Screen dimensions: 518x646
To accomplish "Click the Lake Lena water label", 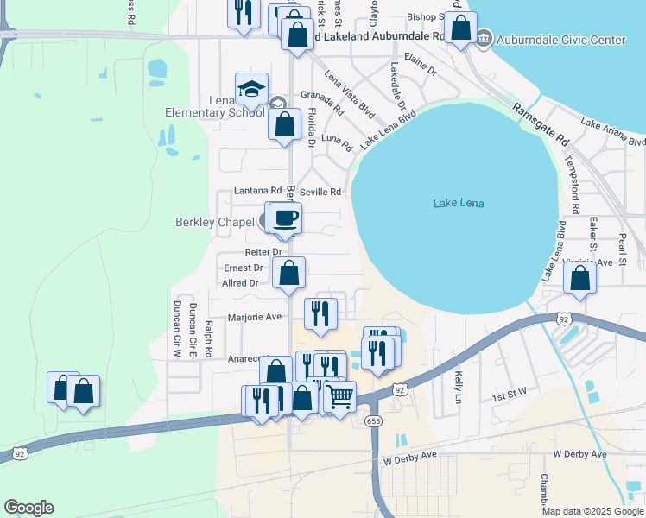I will click(459, 203).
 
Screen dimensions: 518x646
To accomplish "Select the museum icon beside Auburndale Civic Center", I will click(483, 39).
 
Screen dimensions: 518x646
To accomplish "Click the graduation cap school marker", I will click(251, 89).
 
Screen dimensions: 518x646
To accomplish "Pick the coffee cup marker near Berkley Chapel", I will click(286, 218).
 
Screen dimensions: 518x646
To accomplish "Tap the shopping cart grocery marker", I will click(340, 397).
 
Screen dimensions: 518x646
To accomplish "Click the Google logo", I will click(28, 508).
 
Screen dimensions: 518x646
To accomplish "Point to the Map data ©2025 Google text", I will click(592, 511).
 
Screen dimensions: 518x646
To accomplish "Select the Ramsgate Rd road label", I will click(541, 125).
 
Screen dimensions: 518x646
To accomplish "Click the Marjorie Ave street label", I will click(255, 317).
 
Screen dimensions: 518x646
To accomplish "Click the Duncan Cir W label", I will click(176, 329).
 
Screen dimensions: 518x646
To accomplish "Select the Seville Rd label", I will click(321, 192).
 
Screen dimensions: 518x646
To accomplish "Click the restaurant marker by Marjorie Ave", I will click(320, 315).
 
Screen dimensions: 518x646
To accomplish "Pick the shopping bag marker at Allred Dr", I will click(288, 274).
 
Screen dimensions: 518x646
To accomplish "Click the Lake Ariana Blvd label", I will click(613, 132).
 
